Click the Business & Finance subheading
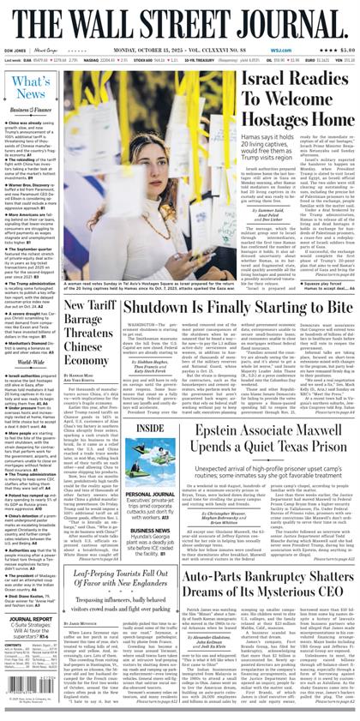click(x=31, y=110)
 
